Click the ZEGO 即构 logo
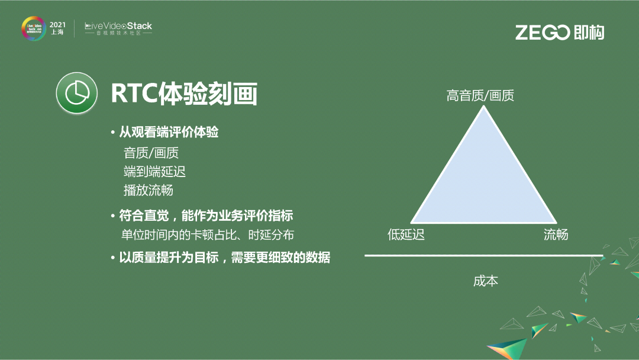(559, 33)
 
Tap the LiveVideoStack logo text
(118, 26)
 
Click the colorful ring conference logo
(33, 28)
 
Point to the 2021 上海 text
(57, 28)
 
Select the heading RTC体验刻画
(183, 93)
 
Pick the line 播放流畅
(149, 190)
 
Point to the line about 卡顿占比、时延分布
(207, 234)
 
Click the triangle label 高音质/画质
(480, 95)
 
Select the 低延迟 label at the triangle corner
(406, 234)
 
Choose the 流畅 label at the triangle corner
(556, 234)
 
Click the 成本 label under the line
(486, 281)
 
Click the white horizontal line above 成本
(483, 256)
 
